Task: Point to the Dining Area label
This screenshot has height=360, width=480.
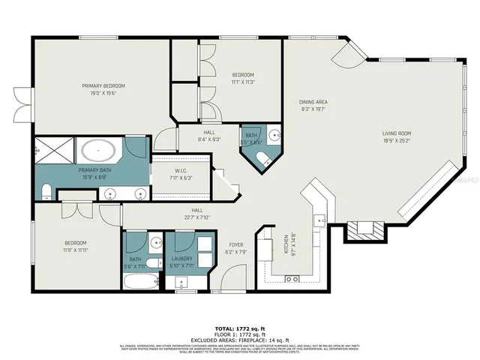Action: point(313,106)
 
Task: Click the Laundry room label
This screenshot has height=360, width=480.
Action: point(181,262)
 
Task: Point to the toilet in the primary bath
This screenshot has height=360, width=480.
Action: point(46,190)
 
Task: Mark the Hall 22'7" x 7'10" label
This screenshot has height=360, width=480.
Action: point(198,214)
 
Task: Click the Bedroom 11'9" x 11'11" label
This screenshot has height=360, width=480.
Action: point(75,246)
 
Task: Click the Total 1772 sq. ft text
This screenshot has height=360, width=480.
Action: point(239,329)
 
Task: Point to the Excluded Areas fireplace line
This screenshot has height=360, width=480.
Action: point(239,340)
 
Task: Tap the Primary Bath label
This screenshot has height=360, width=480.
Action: point(94,173)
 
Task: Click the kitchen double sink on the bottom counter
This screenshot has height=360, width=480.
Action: point(292,279)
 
